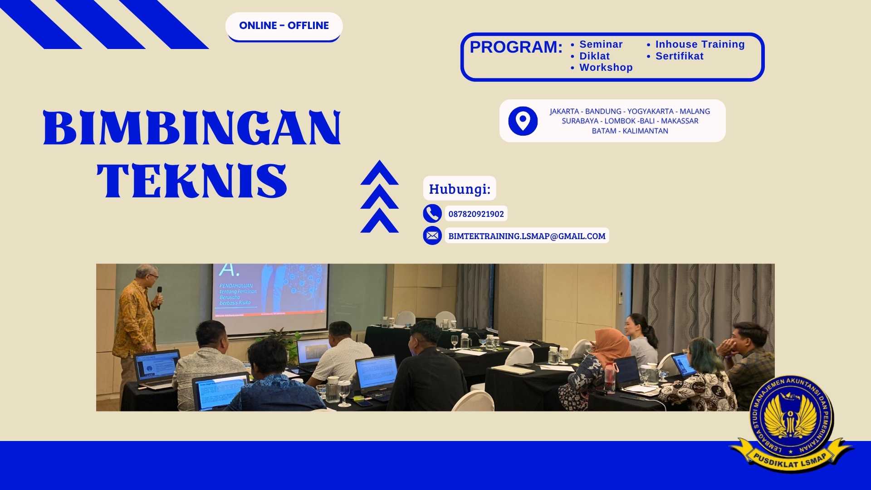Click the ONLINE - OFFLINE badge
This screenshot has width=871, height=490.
point(284,26)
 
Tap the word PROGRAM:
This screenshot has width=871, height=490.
point(516,47)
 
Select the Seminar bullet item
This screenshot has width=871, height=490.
point(601,44)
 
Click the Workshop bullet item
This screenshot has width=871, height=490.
point(606,68)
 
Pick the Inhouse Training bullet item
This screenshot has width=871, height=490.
point(700,44)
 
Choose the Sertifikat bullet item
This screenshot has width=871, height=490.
point(679,56)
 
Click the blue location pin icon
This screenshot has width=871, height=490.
point(523,121)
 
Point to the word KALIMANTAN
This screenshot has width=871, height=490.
point(645,131)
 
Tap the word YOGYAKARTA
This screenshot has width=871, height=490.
point(650,112)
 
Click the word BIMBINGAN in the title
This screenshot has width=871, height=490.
point(192,128)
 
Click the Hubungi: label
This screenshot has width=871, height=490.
point(460,189)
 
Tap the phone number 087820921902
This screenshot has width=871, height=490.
point(476,214)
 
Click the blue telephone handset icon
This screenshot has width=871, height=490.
point(432,213)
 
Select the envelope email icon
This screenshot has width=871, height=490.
point(432,236)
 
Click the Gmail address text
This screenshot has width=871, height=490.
point(527,236)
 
